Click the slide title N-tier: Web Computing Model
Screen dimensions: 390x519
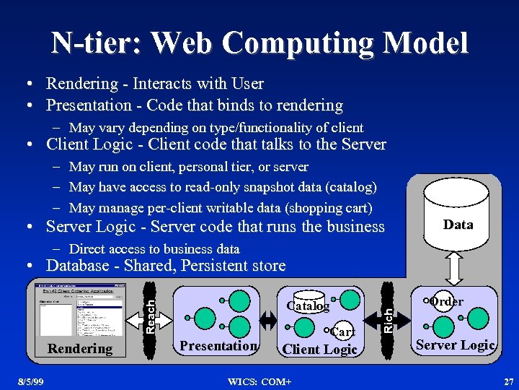(259, 43)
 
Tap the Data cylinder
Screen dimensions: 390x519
(458, 217)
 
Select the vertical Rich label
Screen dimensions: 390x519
(387, 318)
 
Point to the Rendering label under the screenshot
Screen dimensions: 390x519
(80, 348)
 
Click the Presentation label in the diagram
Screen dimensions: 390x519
(218, 346)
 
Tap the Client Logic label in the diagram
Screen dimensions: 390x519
(319, 350)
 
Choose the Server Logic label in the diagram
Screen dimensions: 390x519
(455, 345)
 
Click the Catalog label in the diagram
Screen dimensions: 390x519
(308, 306)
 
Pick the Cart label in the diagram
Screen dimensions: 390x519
(342, 331)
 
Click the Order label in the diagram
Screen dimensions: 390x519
(447, 301)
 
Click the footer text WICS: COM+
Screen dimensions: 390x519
(259, 380)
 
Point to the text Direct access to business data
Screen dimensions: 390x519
(154, 249)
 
